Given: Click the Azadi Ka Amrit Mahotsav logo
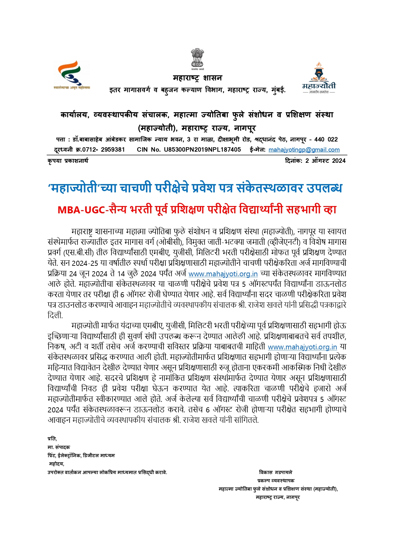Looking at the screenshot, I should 72,75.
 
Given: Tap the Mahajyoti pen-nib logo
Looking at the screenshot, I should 318,77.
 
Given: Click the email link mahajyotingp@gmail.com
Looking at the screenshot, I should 304,150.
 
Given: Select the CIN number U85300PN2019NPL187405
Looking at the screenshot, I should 202,150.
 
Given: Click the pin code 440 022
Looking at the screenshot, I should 326,139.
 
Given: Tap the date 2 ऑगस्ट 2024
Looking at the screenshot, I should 325,161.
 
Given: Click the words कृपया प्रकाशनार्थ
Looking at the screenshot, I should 68,161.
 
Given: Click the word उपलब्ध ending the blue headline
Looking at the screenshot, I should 324,189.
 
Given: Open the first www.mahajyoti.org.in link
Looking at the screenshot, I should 223,274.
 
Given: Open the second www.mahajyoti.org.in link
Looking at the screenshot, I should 302,347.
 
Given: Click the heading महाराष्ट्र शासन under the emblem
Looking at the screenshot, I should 197,78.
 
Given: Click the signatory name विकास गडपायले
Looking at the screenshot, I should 276,472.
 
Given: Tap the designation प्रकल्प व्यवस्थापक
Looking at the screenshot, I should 276,481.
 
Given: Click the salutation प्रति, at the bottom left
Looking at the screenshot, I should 52,439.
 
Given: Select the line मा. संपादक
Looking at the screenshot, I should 59,447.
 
